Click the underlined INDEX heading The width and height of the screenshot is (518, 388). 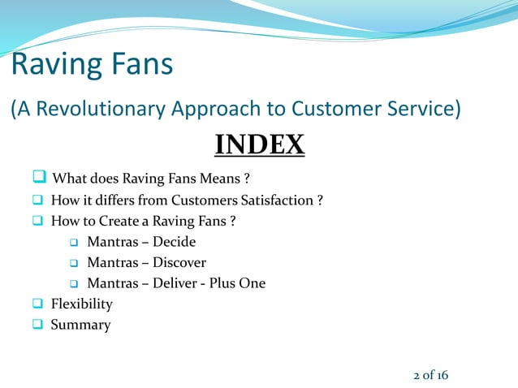pos(259,145)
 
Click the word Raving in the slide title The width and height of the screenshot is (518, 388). pos(53,64)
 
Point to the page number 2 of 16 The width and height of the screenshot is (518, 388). pos(430,375)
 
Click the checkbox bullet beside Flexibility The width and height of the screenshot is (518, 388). pos(37,304)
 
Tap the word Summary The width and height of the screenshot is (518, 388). pos(80,325)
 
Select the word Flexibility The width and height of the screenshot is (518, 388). pos(81,304)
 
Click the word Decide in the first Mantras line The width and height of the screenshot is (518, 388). pos(175,242)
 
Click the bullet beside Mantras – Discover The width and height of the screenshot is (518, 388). pos(73,263)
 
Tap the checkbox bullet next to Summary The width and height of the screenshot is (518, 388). pos(37,325)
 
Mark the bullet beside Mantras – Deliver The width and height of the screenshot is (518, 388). pos(73,284)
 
